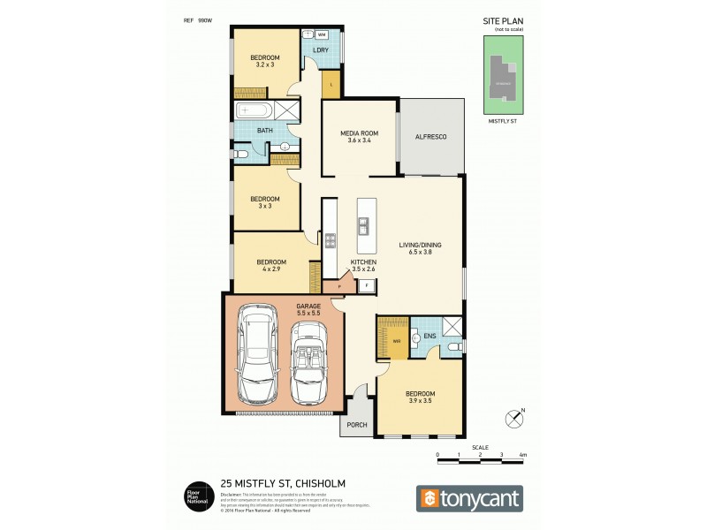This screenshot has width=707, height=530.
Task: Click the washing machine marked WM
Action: [x=322, y=34]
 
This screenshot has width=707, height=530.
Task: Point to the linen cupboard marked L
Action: [x=331, y=85]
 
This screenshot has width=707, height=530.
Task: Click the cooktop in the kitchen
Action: [x=331, y=240]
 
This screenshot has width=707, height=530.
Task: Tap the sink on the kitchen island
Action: [x=362, y=226]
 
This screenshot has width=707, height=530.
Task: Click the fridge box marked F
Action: [x=367, y=285]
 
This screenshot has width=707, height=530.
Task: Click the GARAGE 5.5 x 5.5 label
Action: [x=283, y=309]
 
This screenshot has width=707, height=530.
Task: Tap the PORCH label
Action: [x=356, y=425]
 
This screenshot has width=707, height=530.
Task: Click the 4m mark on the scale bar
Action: [x=522, y=455]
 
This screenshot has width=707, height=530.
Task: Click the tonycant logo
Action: [x=468, y=498]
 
